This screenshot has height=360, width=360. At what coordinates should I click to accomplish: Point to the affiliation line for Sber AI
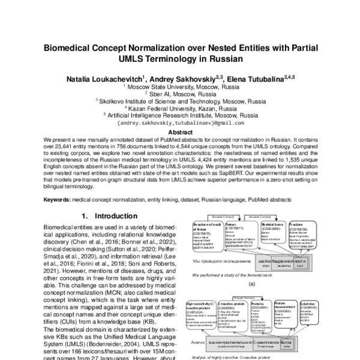click(x=180, y=94)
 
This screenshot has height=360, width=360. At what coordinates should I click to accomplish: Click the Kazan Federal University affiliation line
click(x=180, y=109)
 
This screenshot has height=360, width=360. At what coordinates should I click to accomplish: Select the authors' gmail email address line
click(x=180, y=123)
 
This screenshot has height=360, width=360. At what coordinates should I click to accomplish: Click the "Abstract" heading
click(x=180, y=132)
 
